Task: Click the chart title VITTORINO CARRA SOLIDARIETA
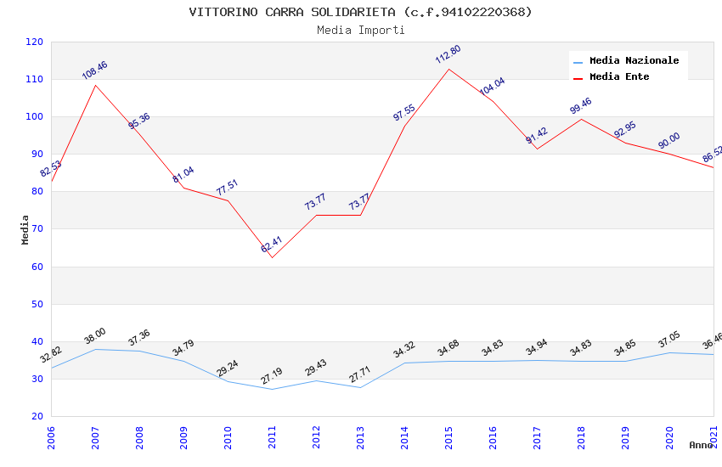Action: coord(360,12)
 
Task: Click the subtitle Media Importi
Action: coord(360,30)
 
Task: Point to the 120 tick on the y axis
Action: coord(34,42)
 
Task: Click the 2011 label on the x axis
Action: coord(272,436)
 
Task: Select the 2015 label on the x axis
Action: coord(448,436)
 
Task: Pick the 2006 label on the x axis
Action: coord(51,436)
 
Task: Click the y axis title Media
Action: coord(25,229)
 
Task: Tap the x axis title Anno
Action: coord(701,445)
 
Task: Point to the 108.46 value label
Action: coord(94,70)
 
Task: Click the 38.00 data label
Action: coord(95,335)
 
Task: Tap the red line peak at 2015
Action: coord(448,69)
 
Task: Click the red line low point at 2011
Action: coord(272,257)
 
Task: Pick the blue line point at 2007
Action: coord(95,349)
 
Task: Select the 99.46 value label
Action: coord(581,106)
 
